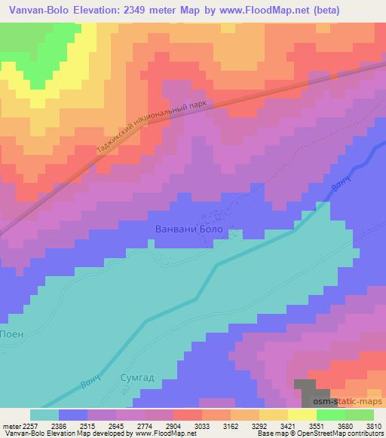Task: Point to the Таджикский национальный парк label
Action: (151, 127)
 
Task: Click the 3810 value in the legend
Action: (373, 425)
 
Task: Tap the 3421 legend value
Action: (288, 425)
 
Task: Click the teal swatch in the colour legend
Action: (44, 414)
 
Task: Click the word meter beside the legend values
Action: (11, 425)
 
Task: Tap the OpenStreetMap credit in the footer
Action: (353, 434)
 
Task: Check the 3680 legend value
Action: (345, 425)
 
